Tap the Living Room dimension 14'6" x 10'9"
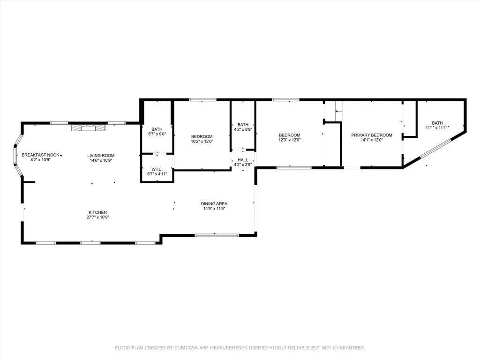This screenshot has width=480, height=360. (x=101, y=161)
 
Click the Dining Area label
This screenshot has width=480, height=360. (x=214, y=203)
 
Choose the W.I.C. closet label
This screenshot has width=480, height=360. (x=157, y=169)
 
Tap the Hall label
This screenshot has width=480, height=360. (x=242, y=160)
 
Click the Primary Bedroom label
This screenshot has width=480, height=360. (x=372, y=135)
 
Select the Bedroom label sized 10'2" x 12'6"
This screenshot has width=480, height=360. (x=202, y=136)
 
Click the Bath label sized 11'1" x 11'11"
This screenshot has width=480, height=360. (x=437, y=123)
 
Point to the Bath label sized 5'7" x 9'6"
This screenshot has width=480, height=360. (x=157, y=129)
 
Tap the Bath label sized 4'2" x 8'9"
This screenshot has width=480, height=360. (x=243, y=125)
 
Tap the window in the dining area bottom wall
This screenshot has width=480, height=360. (x=210, y=235)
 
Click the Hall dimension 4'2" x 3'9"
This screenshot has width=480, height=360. (x=242, y=165)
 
